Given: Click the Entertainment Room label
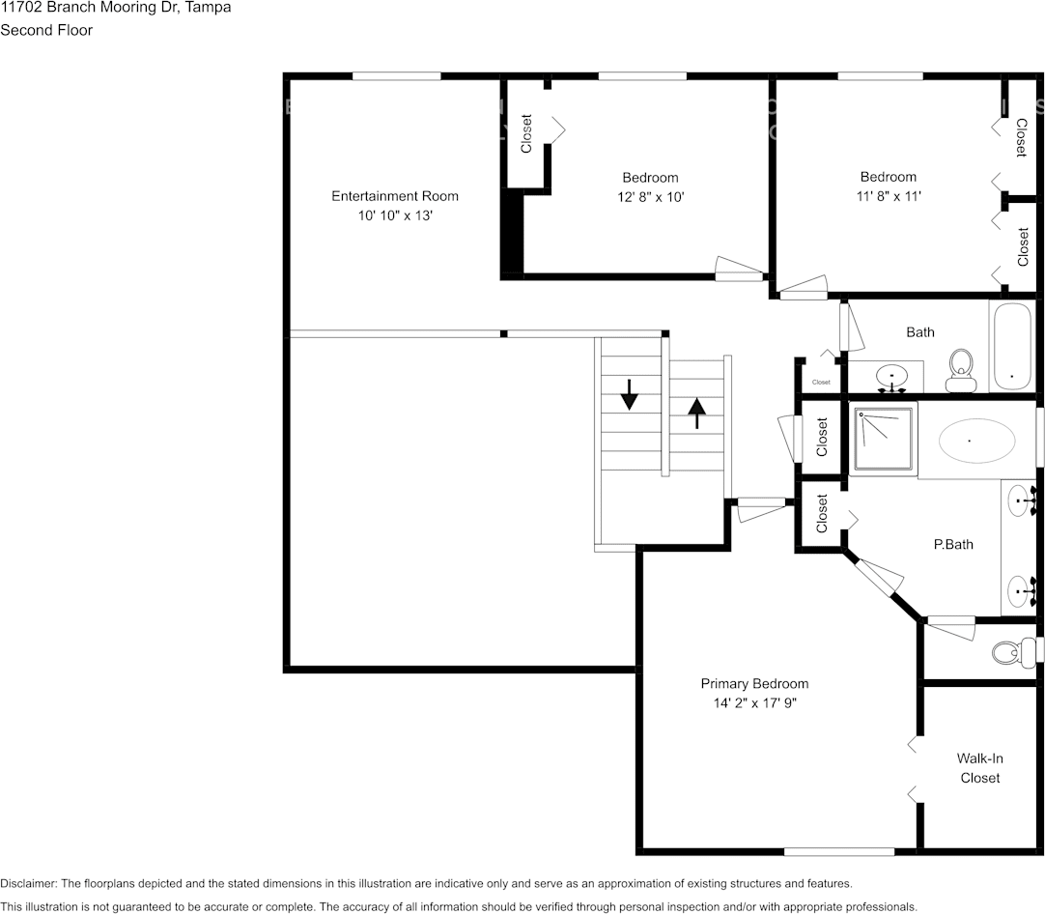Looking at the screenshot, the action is pos(395,196).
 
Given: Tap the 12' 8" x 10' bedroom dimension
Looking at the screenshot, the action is pos(650,197).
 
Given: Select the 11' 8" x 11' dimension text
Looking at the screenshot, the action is pos(889,196).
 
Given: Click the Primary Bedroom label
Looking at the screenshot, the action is pos(754,684).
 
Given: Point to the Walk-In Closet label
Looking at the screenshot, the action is pos(979,768).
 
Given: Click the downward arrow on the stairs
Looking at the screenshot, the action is pos(629,394).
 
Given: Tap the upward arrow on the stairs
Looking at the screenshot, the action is pos(696,414).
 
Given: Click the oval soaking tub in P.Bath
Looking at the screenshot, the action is pos(976,441).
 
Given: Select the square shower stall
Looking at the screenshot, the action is pos(884,439).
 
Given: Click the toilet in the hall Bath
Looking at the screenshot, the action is pos(960,370).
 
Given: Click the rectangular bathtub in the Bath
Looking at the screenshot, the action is pos(1011,347).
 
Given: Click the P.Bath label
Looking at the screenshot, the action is pos(953,545).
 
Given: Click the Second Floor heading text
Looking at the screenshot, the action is pos(46,30).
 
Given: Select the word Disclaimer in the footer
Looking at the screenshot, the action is pos(28,883).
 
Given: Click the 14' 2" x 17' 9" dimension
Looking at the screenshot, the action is pos(755,703).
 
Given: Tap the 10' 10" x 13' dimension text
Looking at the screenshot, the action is pos(395,215).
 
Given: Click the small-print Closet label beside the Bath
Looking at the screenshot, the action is pos(821,383).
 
